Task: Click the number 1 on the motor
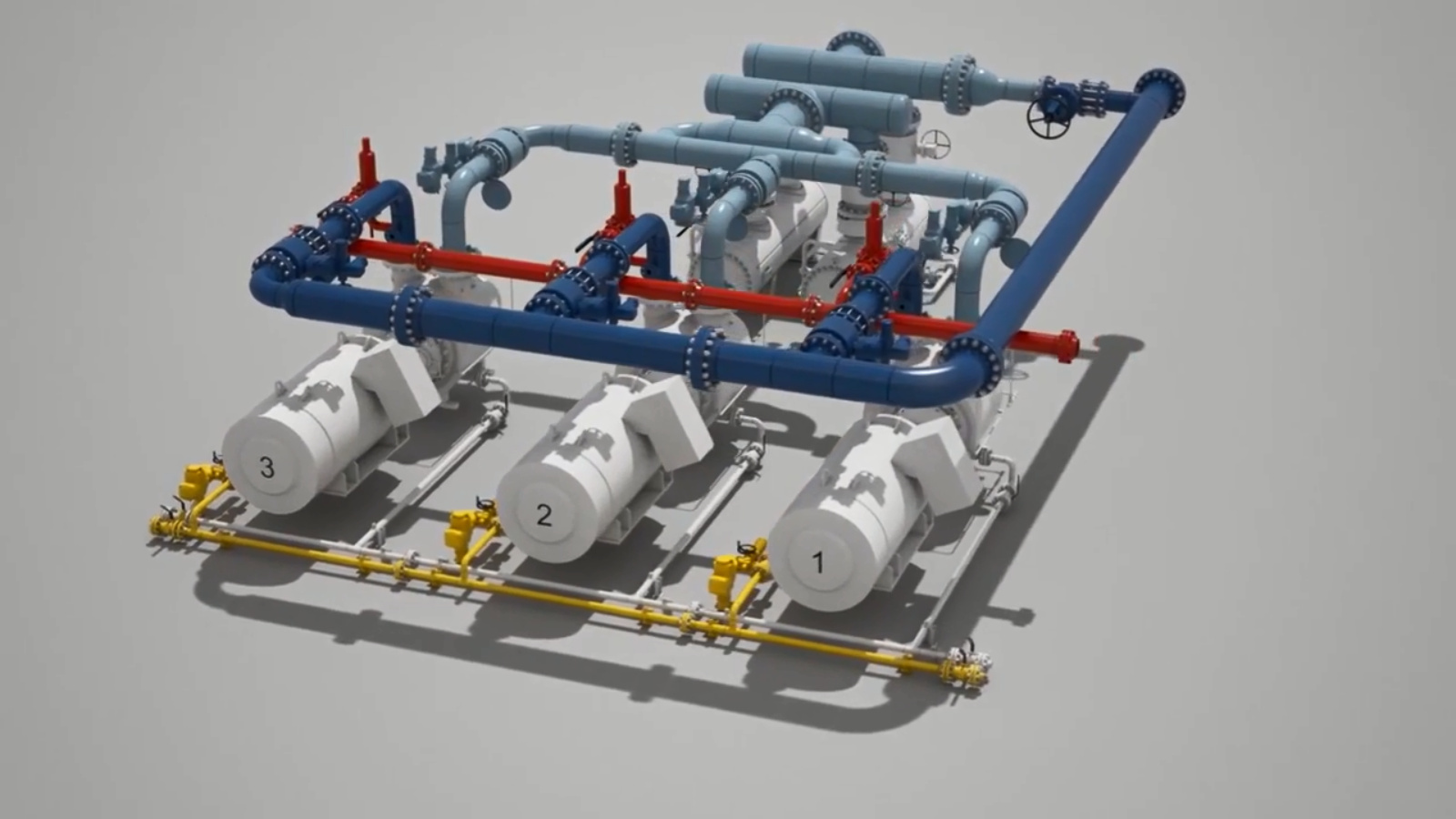coord(818,562)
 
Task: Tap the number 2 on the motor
coord(544,515)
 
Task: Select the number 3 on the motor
coord(267,467)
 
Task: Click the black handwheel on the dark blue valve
coord(1047,118)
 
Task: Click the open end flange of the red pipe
coord(1068,346)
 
